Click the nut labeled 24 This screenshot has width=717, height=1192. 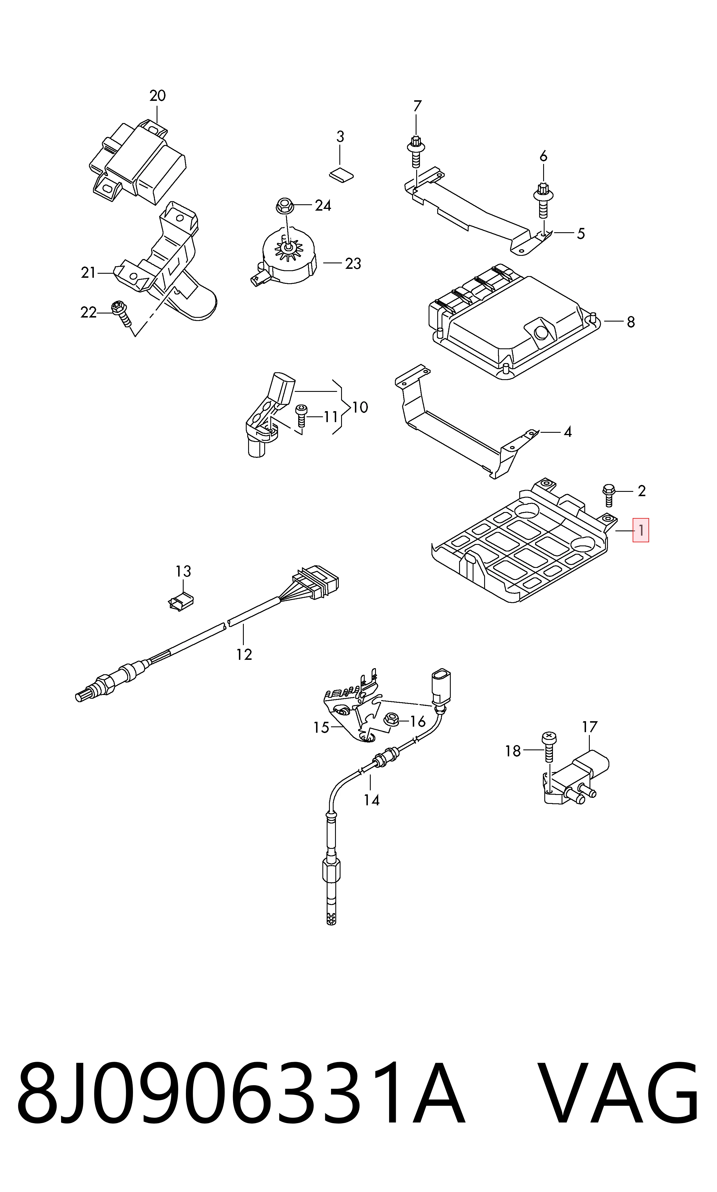point(285,206)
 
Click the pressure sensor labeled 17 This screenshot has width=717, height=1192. point(575,779)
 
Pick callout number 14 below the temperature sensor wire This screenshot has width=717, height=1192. point(372,800)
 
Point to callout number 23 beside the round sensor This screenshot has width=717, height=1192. point(353,264)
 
